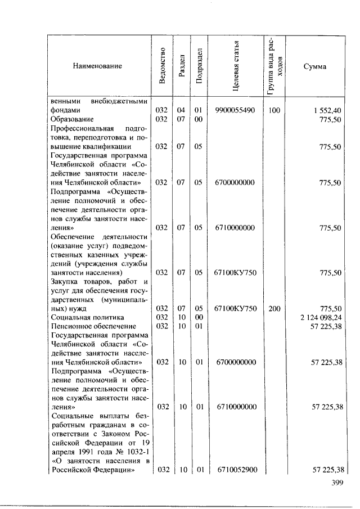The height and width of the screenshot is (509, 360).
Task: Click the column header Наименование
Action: tap(97, 66)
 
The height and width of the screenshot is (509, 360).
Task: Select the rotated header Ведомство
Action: tap(162, 66)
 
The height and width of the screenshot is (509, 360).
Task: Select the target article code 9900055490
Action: tap(235, 111)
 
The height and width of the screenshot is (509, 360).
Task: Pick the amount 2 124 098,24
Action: tap(321, 317)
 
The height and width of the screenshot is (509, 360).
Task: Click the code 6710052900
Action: tap(235, 470)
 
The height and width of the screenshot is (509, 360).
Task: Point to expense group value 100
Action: tap(274, 111)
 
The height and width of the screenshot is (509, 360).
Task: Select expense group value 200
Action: tap(274, 308)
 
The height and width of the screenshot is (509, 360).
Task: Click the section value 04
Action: tap(181, 111)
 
